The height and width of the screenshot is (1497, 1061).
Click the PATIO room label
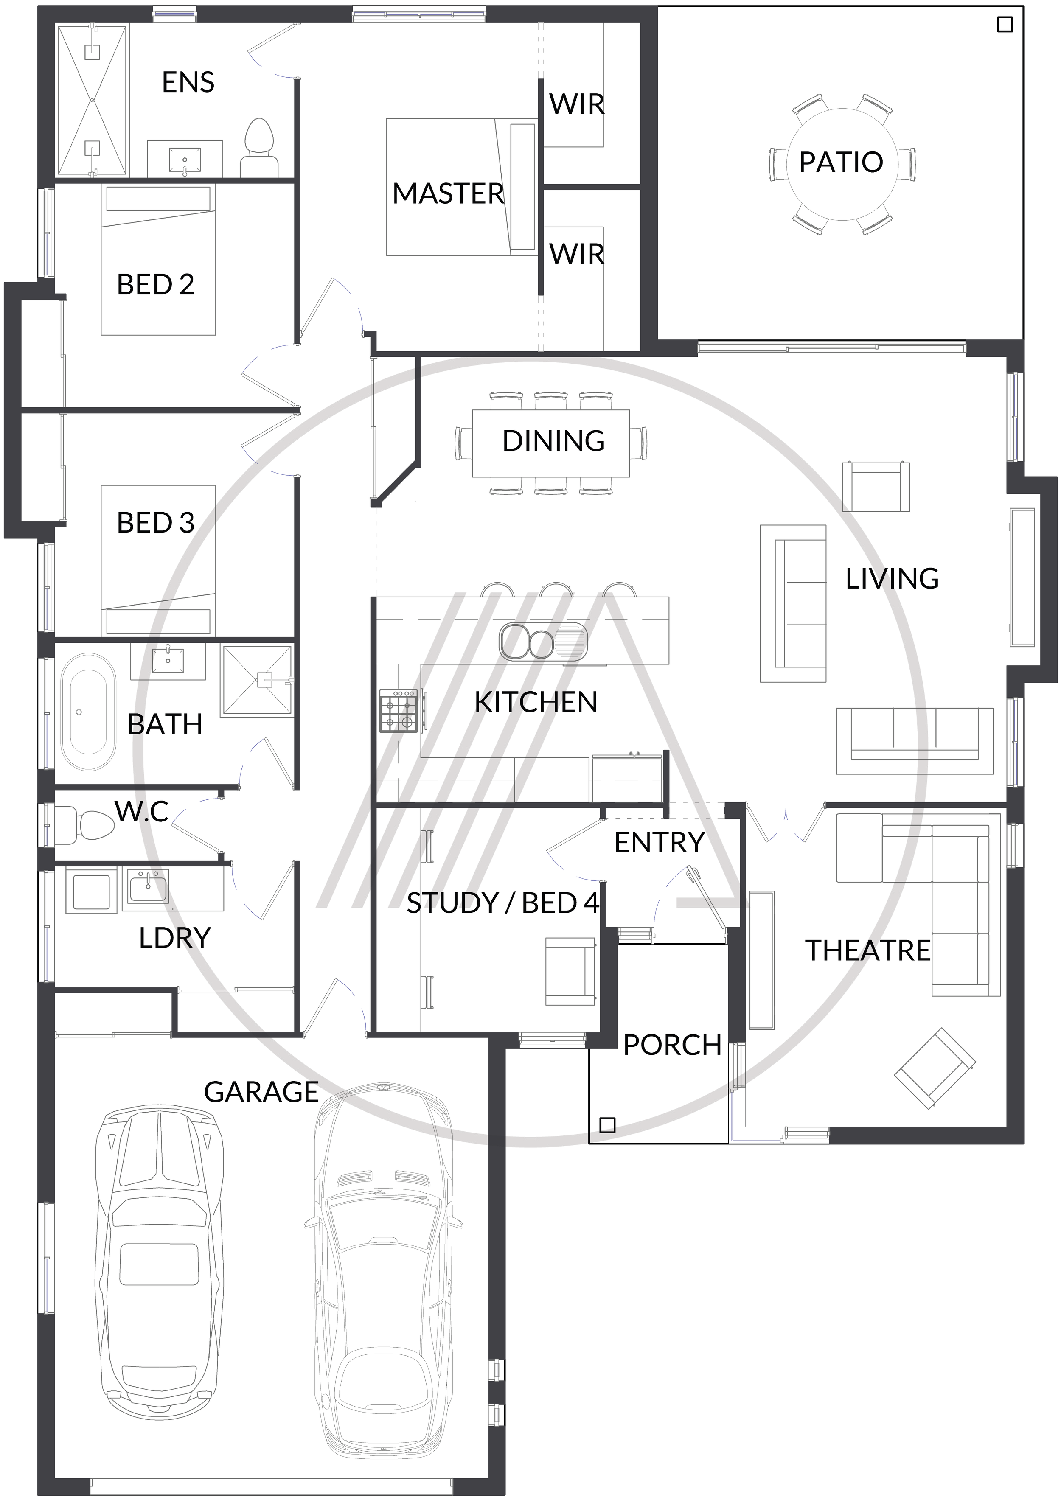pyautogui.click(x=841, y=162)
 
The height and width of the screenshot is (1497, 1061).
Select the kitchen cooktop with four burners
pyautogui.click(x=399, y=710)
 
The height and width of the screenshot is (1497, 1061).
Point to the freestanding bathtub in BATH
pyautogui.click(x=87, y=714)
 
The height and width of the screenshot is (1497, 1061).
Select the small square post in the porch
pyautogui.click(x=607, y=1125)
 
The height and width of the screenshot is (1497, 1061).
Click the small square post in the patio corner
pyautogui.click(x=1005, y=25)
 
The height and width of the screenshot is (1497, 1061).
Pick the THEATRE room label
pyautogui.click(x=867, y=950)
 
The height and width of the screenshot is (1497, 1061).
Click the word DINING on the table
pyautogui.click(x=553, y=441)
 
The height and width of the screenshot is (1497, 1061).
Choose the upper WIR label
pyautogui.click(x=577, y=104)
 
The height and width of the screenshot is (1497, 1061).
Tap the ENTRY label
pyautogui.click(x=659, y=843)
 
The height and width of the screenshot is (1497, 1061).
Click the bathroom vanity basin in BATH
pyautogui.click(x=168, y=659)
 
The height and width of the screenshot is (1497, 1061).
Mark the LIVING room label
pyautogui.click(x=892, y=579)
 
